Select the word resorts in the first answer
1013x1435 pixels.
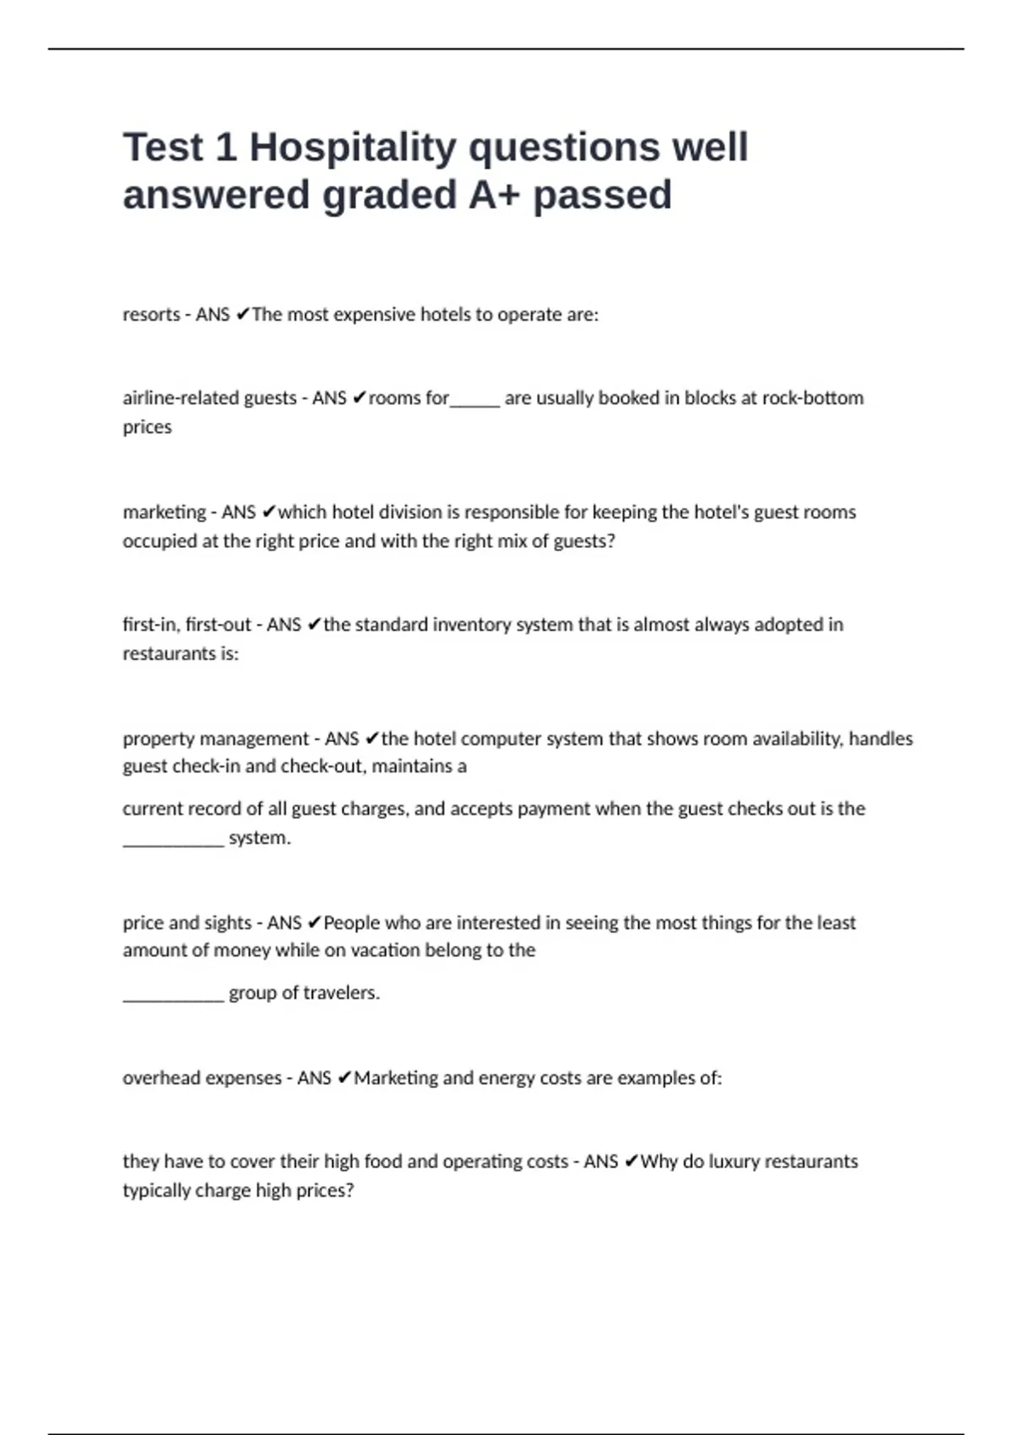(151, 315)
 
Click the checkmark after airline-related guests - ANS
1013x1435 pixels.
(359, 398)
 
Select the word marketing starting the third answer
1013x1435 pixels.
(164, 512)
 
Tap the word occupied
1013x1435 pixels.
(160, 541)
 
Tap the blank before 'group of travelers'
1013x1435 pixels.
(173, 997)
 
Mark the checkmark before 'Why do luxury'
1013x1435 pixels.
(631, 1162)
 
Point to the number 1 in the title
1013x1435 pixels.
(225, 148)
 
